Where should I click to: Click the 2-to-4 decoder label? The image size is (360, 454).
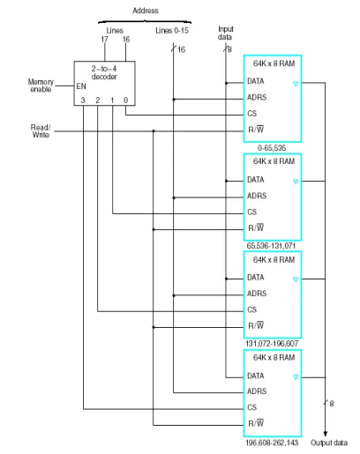[104, 72]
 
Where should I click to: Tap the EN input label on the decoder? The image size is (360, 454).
[81, 86]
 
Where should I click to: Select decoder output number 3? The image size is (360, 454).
[83, 100]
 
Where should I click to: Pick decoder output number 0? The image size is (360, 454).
[125, 100]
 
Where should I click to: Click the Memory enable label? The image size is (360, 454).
[41, 86]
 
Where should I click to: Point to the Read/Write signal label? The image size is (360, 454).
[41, 131]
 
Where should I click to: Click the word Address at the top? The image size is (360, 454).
[146, 11]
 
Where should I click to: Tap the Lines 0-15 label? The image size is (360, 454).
[172, 31]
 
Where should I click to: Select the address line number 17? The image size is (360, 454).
[104, 40]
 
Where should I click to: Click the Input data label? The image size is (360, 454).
[226, 33]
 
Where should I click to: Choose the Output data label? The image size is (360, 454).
[329, 443]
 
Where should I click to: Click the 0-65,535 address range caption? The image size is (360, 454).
[272, 148]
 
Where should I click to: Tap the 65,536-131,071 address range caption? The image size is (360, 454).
[271, 246]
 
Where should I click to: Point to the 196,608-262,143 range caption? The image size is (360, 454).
[272, 443]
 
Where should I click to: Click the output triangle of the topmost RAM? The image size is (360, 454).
[296, 85]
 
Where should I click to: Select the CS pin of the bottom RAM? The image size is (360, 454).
[252, 407]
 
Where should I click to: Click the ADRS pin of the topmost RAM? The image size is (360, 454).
[257, 97]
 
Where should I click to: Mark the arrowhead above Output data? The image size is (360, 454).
[325, 434]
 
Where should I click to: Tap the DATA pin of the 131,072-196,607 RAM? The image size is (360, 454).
[256, 278]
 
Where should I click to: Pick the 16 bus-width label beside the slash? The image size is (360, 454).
[182, 49]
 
